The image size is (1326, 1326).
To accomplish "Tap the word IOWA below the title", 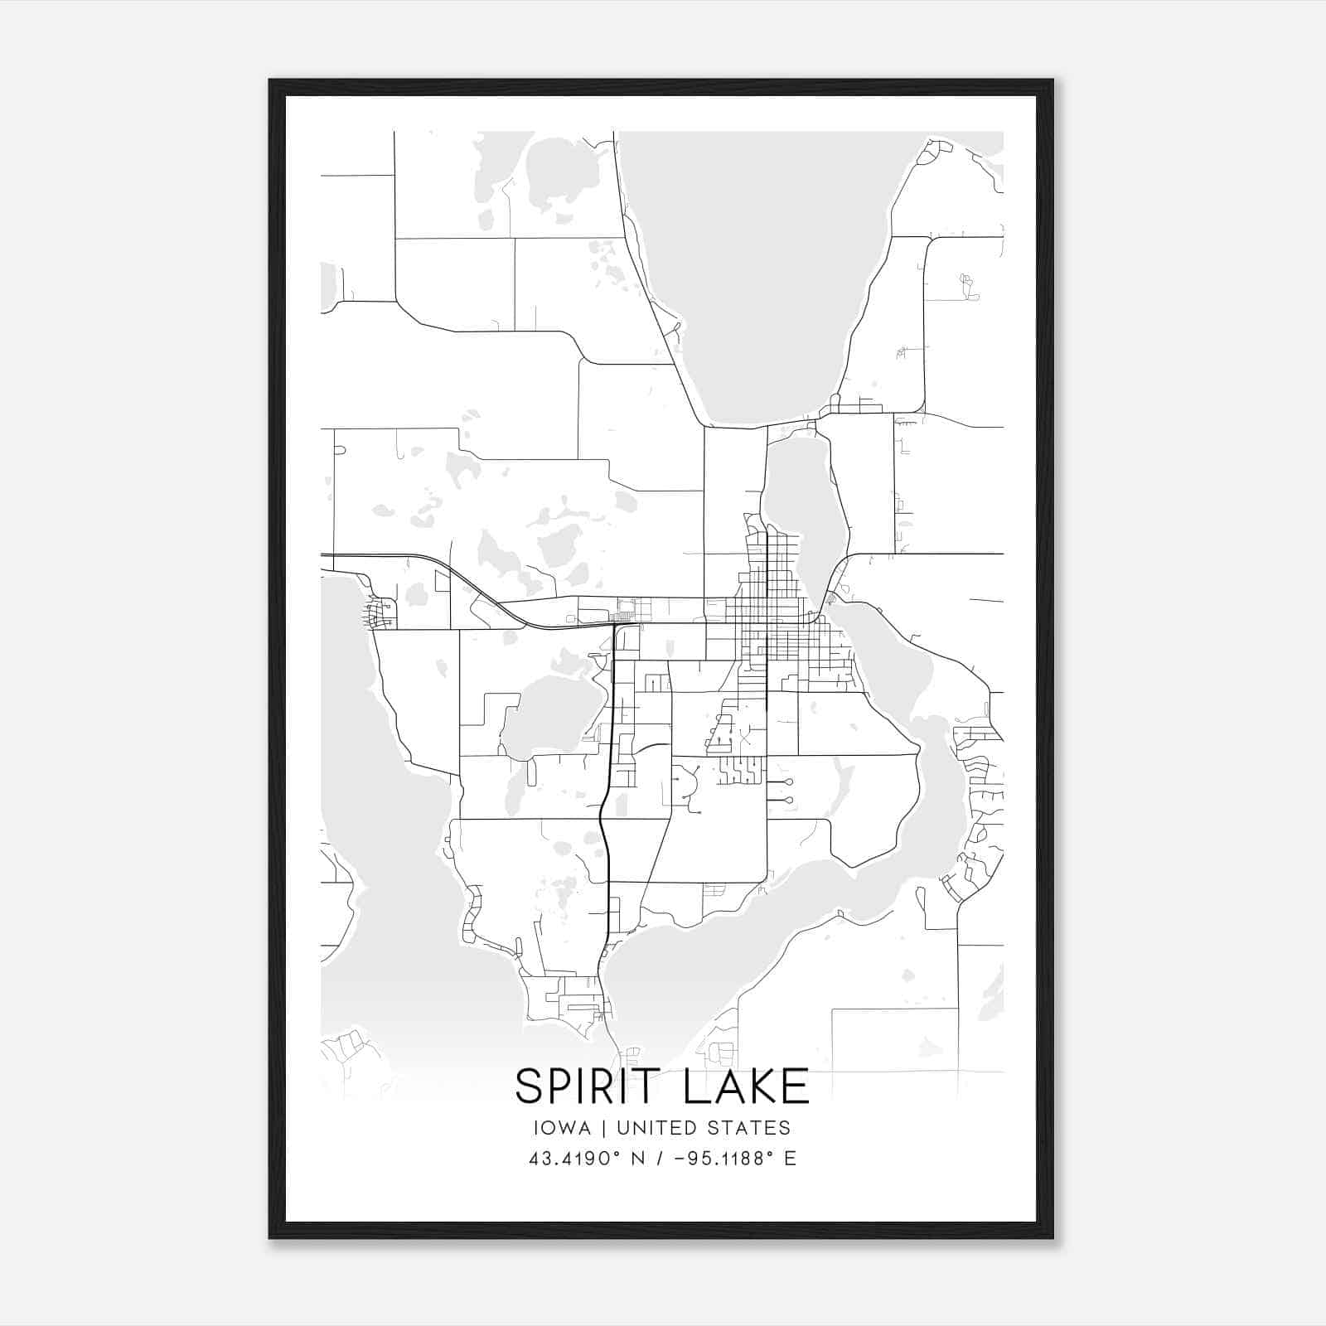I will pyautogui.click(x=563, y=1128).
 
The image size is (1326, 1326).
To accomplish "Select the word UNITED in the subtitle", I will pyautogui.click(x=658, y=1128).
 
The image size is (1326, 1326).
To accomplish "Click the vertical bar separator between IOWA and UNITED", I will pyautogui.click(x=604, y=1128).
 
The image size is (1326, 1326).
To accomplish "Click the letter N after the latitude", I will pyautogui.click(x=638, y=1159).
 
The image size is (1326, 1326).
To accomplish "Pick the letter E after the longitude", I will pyautogui.click(x=790, y=1159).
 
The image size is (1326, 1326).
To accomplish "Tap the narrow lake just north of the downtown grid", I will pyautogui.click(x=800, y=506).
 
